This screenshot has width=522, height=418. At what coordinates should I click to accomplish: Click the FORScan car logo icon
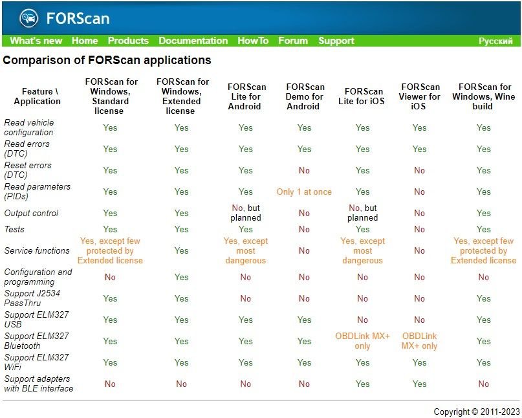click(29, 17)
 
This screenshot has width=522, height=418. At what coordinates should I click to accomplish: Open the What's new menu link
click(36, 41)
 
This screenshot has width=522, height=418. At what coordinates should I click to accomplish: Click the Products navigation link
click(128, 41)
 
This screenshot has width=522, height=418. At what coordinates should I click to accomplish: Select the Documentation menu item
click(193, 41)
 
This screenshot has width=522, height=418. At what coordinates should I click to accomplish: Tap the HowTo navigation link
click(253, 41)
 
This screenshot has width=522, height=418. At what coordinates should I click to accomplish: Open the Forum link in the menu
click(293, 41)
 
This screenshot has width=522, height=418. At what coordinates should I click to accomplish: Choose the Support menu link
click(336, 41)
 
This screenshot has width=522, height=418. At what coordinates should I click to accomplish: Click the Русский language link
click(495, 41)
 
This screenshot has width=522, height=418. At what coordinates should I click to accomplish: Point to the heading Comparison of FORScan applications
click(107, 61)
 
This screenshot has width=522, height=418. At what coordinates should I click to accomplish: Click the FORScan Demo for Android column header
click(305, 96)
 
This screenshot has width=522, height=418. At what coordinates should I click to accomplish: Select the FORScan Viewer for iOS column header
click(420, 96)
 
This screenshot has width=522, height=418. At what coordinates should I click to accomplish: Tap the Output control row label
click(31, 214)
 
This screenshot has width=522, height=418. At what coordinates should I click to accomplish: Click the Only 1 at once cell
click(304, 192)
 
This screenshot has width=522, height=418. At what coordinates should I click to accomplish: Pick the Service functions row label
click(37, 251)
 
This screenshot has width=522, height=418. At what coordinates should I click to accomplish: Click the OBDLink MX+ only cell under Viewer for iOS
click(420, 341)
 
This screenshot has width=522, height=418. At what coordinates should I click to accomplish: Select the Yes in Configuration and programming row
click(181, 278)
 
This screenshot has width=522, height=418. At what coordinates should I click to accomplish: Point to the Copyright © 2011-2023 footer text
click(476, 412)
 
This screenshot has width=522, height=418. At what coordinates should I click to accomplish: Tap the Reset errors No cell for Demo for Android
click(304, 171)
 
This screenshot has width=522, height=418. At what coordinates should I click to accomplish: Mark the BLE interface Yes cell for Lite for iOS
click(362, 384)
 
